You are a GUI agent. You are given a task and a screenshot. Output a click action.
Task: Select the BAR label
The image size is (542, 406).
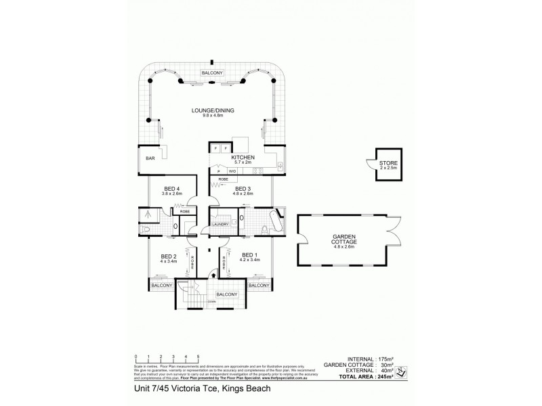coord(150,158)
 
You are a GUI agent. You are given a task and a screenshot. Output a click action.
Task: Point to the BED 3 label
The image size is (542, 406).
coord(242,189)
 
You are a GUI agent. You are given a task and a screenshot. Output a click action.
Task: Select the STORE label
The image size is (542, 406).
coord(388,164)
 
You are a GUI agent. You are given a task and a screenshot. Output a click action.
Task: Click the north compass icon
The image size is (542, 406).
coord(400,371)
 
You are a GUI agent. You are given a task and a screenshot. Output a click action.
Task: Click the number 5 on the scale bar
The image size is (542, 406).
coord(198,356)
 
